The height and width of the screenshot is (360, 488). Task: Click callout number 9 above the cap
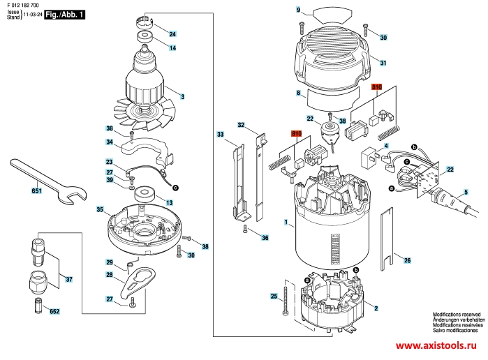point(297,10)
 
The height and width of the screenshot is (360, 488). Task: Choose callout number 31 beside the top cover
point(383,63)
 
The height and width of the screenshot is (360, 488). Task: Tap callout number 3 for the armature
point(182,96)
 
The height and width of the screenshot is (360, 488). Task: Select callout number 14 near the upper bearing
point(172,47)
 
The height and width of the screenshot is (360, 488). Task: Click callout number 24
point(172,33)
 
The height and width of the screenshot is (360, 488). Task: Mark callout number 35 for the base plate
point(100,209)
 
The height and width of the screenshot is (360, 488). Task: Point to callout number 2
point(376,308)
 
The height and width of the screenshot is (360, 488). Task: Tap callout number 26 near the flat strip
point(407,260)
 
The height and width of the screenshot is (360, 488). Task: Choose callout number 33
point(220,134)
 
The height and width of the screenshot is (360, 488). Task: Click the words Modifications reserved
point(457,315)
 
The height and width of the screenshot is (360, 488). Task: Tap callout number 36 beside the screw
point(265,239)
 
